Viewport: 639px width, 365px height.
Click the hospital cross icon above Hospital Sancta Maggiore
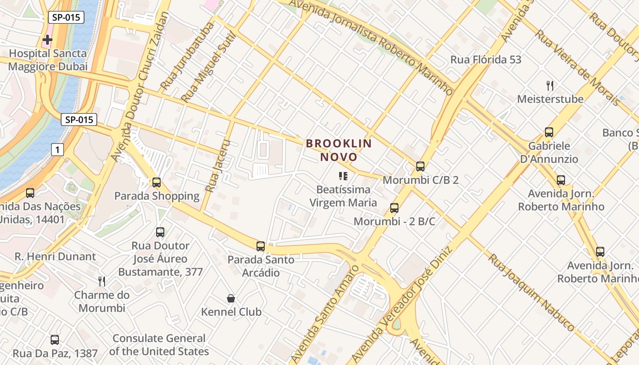[x=47, y=40]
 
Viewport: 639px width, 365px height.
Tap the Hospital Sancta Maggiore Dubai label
[x=48, y=60]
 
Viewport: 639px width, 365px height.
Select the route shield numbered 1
[x=57, y=149]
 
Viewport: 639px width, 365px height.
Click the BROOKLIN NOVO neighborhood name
[x=339, y=150]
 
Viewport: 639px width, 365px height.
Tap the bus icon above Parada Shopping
[x=157, y=182]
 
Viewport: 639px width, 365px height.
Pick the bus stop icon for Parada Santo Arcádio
[x=261, y=246]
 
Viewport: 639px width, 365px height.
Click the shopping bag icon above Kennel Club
[x=231, y=298]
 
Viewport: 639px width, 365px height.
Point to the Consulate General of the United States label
[x=159, y=345]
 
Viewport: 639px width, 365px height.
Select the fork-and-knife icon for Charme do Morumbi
[x=102, y=282]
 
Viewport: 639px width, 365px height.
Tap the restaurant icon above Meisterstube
[x=550, y=85]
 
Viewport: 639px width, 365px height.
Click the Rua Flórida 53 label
[x=486, y=60]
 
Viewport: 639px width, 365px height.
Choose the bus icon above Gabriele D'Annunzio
[x=549, y=132]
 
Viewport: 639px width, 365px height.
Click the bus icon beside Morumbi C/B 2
[x=420, y=167]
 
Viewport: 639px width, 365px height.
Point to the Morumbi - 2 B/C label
[x=395, y=222]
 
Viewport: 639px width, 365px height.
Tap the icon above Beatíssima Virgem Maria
[x=343, y=176]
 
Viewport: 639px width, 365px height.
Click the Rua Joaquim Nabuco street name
[x=531, y=292]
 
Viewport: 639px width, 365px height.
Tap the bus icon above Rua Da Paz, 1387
[x=55, y=339]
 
